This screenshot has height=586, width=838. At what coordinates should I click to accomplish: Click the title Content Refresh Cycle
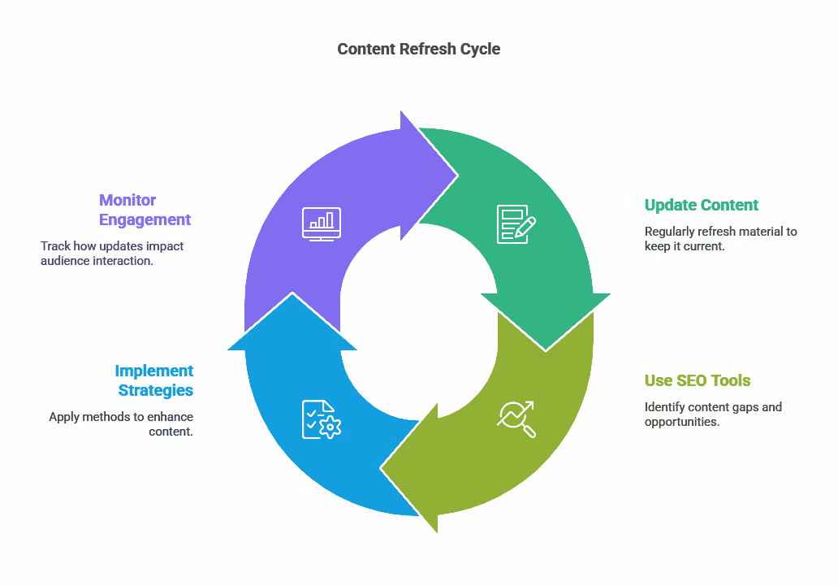tap(418, 49)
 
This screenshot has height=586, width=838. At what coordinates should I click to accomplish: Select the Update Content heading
tap(702, 205)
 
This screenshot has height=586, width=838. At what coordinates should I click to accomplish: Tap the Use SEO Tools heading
tap(698, 380)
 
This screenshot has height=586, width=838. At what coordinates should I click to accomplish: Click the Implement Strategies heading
tap(154, 380)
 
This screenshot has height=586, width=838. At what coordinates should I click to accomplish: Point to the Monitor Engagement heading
tap(145, 210)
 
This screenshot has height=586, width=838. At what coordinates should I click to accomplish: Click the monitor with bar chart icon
tap(322, 224)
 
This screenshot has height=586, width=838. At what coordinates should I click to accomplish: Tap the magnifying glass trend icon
tap(516, 419)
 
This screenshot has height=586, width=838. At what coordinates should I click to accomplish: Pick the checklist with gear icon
tap(322, 419)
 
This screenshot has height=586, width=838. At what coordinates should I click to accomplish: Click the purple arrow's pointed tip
tap(457, 175)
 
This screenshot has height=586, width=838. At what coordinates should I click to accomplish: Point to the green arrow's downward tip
tap(546, 350)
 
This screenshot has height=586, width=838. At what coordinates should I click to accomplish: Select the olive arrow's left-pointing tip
tap(381, 468)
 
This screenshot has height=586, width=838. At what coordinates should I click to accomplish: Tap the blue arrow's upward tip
tap(292, 293)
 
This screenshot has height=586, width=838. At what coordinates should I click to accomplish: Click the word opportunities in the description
tap(682, 422)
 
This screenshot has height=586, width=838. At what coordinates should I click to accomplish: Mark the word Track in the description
tap(55, 246)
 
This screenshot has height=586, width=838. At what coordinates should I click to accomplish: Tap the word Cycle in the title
tap(481, 50)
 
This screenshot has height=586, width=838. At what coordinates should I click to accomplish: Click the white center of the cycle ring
tap(419, 321)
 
